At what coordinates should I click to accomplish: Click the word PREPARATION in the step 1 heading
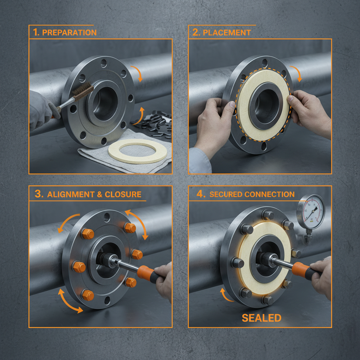[69, 33]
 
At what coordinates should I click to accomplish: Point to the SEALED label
[262, 318]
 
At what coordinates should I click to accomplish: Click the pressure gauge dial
[311, 212]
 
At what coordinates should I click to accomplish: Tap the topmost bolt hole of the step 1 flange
[103, 64]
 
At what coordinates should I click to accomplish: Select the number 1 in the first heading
[36, 33]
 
